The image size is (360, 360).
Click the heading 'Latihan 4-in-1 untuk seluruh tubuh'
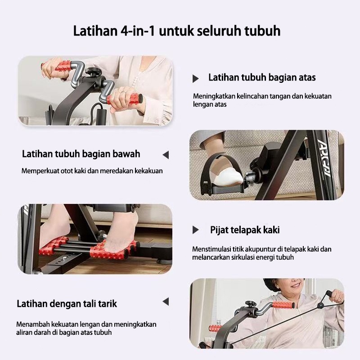(x=177, y=31)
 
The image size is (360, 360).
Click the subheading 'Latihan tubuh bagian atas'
(x=262, y=77)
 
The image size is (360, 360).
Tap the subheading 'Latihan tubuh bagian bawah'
(x=81, y=154)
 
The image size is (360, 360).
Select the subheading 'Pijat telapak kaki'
(x=245, y=230)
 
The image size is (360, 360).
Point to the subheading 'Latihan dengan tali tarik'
(x=67, y=304)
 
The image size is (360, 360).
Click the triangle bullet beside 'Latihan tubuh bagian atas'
(x=195, y=78)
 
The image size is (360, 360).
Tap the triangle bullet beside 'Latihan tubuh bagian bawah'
(x=166, y=155)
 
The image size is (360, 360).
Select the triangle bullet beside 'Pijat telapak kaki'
(x=195, y=230)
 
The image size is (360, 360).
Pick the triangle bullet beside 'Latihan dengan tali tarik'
(x=166, y=301)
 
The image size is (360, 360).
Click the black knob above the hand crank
(x=94, y=72)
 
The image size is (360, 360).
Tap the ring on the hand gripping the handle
(x=123, y=92)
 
